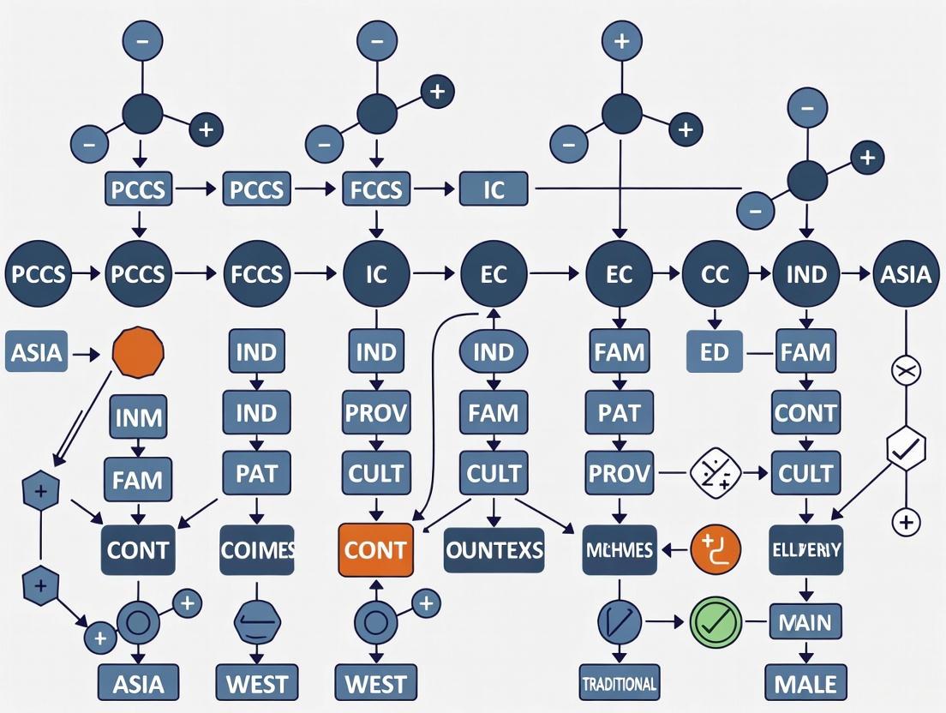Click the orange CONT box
pyautogui.click(x=375, y=548)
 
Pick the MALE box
pyautogui.click(x=805, y=683)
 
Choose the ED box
pyautogui.click(x=714, y=352)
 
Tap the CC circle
pyautogui.click(x=714, y=273)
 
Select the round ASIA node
pyautogui.click(x=906, y=273)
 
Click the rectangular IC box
pyautogui.click(x=494, y=189)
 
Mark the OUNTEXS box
pyautogui.click(x=494, y=548)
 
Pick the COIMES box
pyautogui.click(x=257, y=548)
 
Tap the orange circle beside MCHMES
pyautogui.click(x=715, y=548)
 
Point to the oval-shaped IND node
pyautogui.click(x=494, y=352)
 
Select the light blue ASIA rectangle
pyautogui.click(x=37, y=352)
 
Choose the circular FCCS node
pyautogui.click(x=257, y=273)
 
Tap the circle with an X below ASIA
pyautogui.click(x=906, y=372)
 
